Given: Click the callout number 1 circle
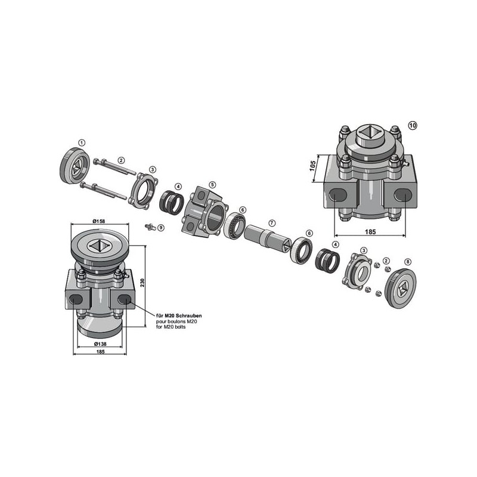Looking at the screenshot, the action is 82,143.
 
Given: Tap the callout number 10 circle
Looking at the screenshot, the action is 413,125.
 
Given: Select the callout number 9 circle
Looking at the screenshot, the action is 161,227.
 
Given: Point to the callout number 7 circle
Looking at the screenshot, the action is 272,223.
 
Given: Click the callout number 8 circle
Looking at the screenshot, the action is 408,262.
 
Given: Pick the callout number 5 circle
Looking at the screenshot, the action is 213,185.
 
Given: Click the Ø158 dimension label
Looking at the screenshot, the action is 99,221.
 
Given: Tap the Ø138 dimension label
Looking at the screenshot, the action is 100,344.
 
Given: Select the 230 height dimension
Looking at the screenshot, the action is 143,283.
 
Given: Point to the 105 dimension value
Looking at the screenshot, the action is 312,166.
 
